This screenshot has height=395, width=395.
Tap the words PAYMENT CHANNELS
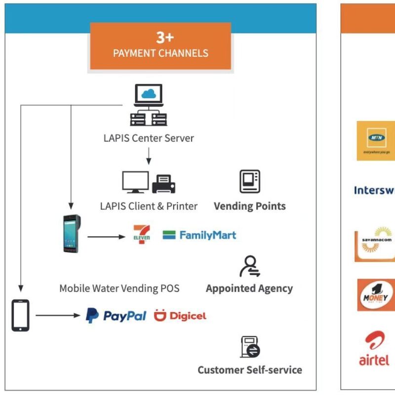pyautogui.click(x=160, y=53)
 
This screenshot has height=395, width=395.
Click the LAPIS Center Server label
pyautogui.click(x=149, y=138)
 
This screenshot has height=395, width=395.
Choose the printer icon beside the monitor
pyautogui.click(x=164, y=184)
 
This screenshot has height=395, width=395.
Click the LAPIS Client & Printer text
pyautogui.click(x=149, y=206)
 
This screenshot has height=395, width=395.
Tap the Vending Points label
pyautogui.click(x=249, y=206)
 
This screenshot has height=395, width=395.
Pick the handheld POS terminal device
pyautogui.click(x=71, y=234)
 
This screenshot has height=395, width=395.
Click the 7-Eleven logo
pyautogui.click(x=142, y=234)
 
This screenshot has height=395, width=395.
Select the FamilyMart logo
pyautogui.click(x=199, y=235)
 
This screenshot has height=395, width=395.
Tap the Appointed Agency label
pyautogui.click(x=249, y=288)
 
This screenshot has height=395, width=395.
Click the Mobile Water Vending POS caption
pyautogui.click(x=119, y=288)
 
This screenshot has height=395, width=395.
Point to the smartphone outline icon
pyautogui.click(x=20, y=316)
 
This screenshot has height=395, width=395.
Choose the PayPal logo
pyautogui.click(x=116, y=316)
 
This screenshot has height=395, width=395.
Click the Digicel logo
pyautogui.click(x=180, y=316)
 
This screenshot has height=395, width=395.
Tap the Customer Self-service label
pyautogui.click(x=250, y=370)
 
